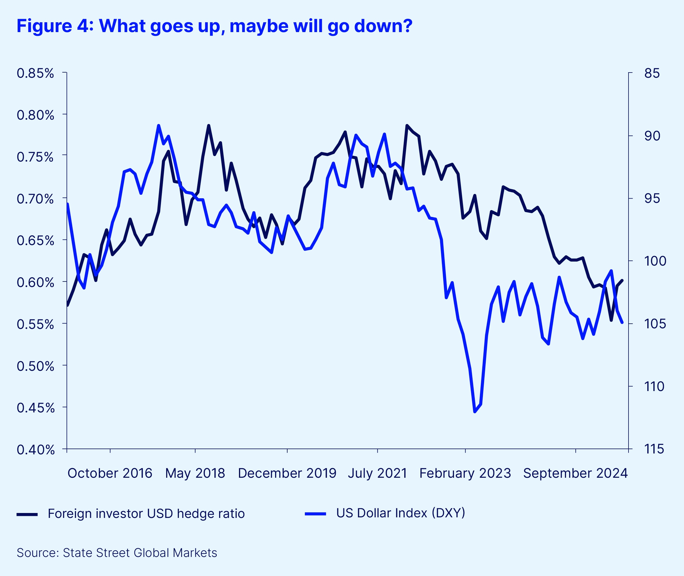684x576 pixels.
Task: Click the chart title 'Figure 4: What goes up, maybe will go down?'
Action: [x=214, y=26]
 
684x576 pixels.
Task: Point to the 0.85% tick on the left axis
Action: [x=35, y=73]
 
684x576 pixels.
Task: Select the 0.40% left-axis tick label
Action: [x=35, y=450]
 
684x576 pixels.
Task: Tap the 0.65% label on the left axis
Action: [x=35, y=241]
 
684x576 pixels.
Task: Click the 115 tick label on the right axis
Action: [x=654, y=449]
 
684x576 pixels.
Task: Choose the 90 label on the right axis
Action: [x=652, y=136]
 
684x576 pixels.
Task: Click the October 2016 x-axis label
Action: [x=110, y=473]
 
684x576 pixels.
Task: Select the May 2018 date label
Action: [x=195, y=473]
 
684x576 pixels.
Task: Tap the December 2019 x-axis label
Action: [x=287, y=473]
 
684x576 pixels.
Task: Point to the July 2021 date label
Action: [x=377, y=473]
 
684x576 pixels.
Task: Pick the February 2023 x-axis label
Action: [x=465, y=473]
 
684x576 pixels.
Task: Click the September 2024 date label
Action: [x=575, y=473]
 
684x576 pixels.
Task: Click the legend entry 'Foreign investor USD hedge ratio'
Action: [x=146, y=513]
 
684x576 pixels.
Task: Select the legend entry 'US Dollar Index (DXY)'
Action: [x=400, y=513]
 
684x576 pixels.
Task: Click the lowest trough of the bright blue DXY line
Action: [x=475, y=412]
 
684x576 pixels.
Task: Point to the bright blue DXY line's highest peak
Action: [x=159, y=125]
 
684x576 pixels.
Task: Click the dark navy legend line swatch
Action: [x=27, y=514]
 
